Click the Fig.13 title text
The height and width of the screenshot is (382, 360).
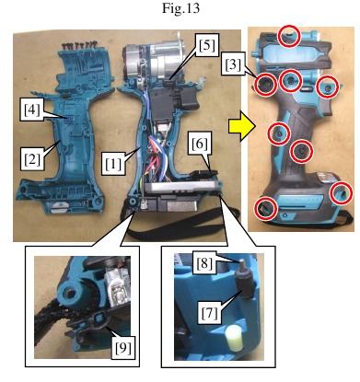point(180,7)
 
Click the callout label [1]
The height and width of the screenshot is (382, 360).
point(113,165)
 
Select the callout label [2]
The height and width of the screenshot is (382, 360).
point(32,159)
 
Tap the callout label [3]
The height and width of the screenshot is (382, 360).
point(233,64)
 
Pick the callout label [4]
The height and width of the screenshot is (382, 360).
point(32,110)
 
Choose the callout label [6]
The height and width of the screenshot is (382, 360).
point(200,144)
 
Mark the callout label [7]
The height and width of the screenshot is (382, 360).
point(209,312)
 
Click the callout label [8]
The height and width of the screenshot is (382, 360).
point(204,262)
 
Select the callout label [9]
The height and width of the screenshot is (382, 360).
point(123,348)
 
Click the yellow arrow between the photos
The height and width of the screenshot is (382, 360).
point(241,126)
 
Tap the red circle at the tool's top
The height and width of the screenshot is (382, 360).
point(288,36)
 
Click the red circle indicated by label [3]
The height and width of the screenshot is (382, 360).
point(266,83)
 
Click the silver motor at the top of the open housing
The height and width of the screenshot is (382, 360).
point(157,63)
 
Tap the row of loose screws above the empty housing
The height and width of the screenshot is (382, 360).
point(79,46)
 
